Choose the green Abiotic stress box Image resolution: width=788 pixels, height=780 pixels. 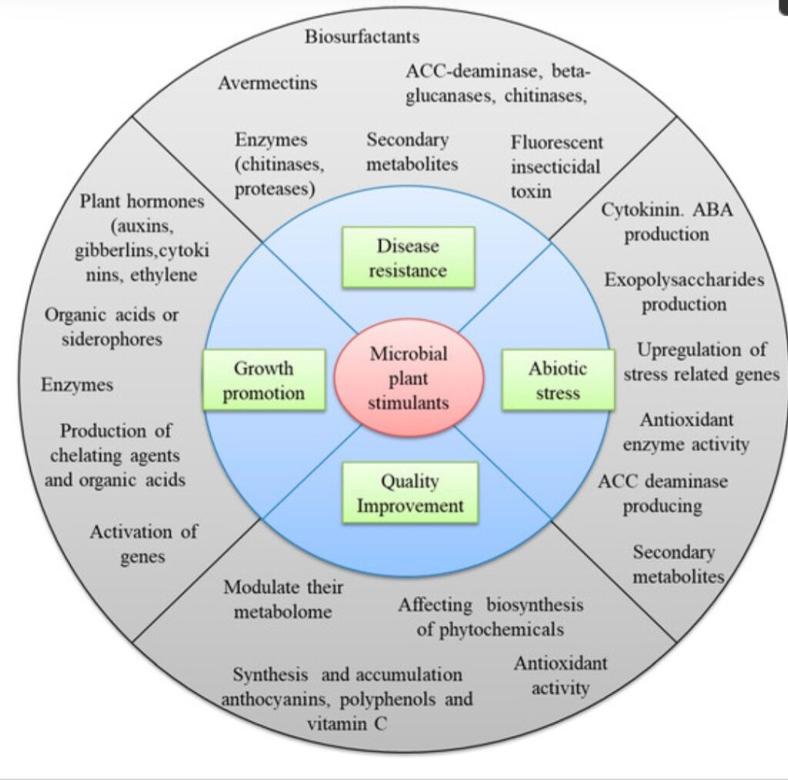(x=558, y=381)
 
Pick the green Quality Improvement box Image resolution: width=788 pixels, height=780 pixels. (x=410, y=494)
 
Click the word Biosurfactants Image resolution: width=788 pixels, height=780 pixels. (x=362, y=36)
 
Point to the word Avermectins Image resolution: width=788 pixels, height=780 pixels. (x=267, y=82)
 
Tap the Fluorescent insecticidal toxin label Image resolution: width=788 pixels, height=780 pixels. (x=556, y=166)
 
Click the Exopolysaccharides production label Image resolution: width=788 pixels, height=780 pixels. (x=684, y=292)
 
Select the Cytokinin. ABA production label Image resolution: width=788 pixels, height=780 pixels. (x=666, y=222)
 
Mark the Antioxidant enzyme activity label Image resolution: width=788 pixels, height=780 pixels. (x=686, y=432)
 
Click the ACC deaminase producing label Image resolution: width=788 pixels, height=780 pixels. (x=663, y=494)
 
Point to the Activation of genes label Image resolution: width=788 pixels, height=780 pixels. (x=144, y=544)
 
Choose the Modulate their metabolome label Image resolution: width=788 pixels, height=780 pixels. (x=283, y=599)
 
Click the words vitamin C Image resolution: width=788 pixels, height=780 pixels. (x=347, y=723)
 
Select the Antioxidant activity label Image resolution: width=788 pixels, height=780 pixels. (x=560, y=675)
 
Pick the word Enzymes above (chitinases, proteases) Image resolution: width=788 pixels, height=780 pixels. (x=272, y=140)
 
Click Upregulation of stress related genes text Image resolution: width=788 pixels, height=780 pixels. (x=700, y=362)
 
